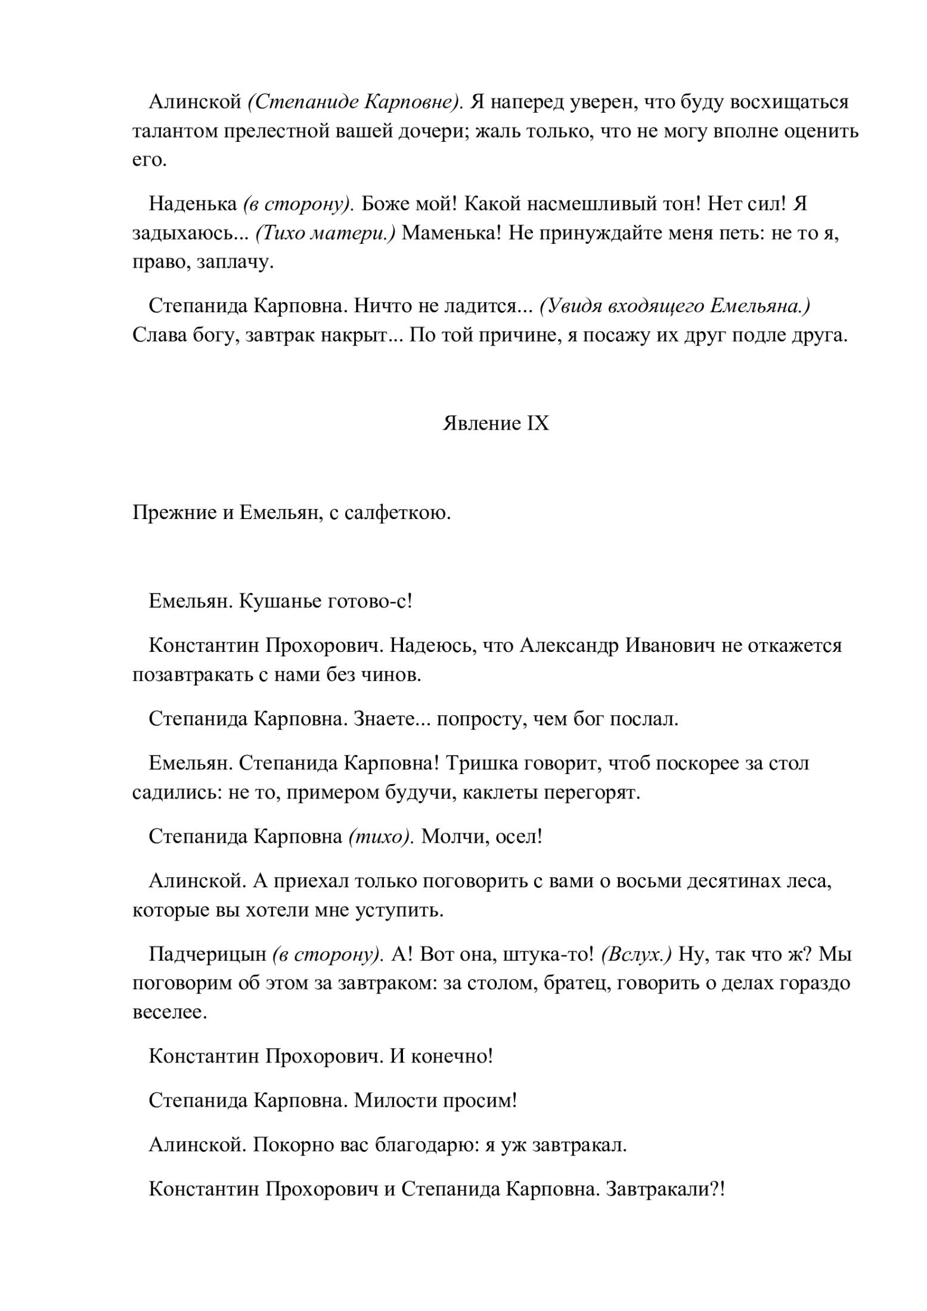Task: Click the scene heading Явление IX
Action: (x=495, y=424)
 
